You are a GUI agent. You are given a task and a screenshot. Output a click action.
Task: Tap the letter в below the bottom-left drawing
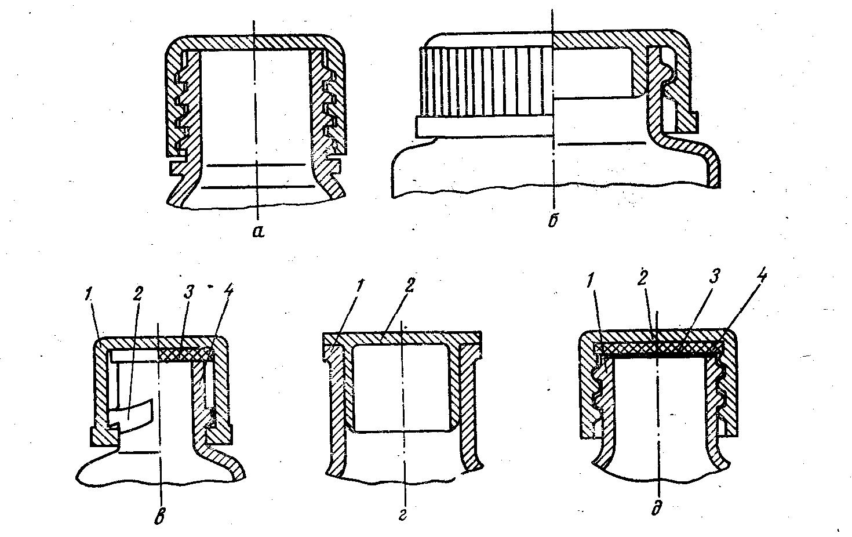[x=160, y=518]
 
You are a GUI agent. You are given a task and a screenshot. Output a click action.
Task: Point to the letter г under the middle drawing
[x=402, y=516]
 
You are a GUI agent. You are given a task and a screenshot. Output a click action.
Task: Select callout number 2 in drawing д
[x=642, y=280]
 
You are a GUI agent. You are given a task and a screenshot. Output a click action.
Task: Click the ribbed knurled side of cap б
[x=486, y=81]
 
